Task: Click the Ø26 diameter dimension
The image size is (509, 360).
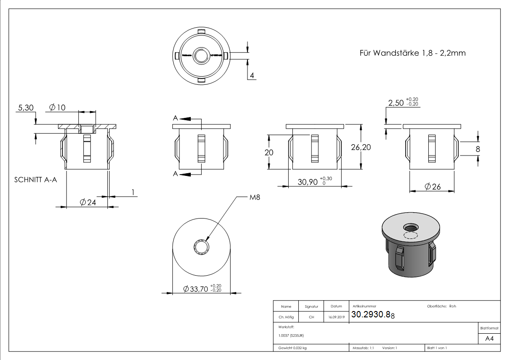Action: point(433,186)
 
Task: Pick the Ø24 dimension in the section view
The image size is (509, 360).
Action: point(87,203)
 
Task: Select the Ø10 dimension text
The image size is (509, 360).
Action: point(57,107)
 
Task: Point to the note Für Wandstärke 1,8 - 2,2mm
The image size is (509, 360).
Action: point(412,53)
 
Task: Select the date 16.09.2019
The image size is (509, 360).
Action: point(336,317)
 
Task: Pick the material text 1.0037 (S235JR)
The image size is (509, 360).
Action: point(292,336)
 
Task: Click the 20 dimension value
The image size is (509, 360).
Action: point(269,153)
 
